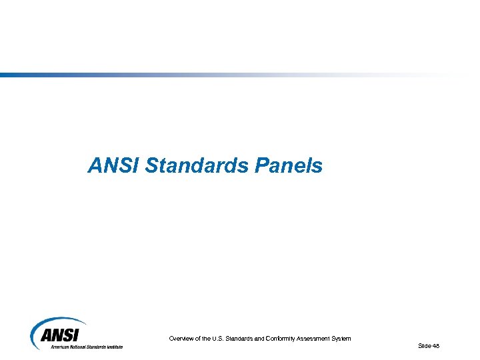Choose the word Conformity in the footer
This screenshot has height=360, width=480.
coord(278,339)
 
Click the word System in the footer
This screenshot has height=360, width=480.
coord(341,339)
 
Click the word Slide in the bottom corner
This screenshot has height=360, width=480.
coord(424,345)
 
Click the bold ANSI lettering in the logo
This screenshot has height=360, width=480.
coord(61,336)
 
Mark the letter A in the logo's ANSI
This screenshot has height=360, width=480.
coord(47,336)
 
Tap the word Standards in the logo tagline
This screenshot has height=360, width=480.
coord(97,347)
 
